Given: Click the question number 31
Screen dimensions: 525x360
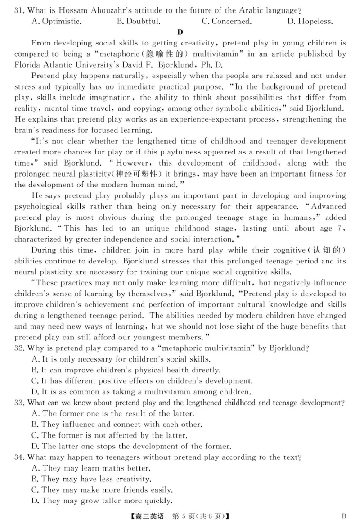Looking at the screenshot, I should pos(19,9).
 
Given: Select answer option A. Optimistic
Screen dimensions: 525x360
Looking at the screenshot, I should pos(57,21).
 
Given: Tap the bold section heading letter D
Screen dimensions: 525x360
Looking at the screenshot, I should pos(180,32).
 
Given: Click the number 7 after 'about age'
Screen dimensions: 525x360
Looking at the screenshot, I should pos(341,228).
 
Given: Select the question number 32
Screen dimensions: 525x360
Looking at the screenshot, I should pos(19,348).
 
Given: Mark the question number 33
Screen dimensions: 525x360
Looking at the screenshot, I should pos(19,403).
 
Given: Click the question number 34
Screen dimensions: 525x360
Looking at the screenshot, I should pos(19,457).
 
